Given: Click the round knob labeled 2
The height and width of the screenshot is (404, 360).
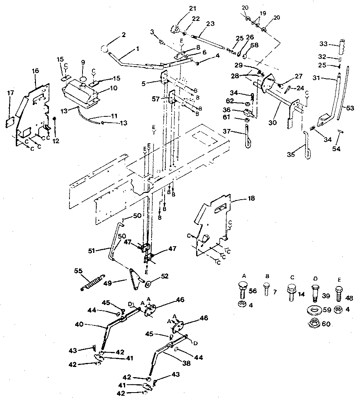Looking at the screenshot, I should (104, 49).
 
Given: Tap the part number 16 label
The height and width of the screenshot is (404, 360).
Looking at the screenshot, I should (36, 71).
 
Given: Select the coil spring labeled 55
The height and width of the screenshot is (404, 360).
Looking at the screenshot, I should (93, 282).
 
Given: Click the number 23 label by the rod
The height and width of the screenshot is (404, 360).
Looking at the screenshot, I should (210, 23).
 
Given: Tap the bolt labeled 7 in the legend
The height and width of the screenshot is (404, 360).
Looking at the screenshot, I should (266, 290).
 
